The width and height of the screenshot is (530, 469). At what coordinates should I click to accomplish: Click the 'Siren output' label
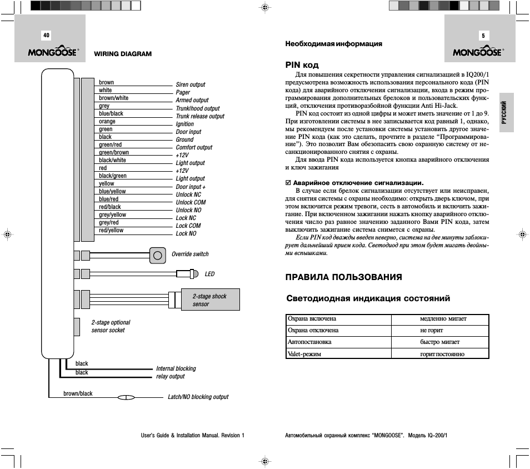tap(191, 85)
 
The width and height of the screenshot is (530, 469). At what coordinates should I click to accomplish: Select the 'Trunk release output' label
tap(200, 117)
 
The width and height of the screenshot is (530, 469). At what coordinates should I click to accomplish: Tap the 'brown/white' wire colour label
tap(113, 98)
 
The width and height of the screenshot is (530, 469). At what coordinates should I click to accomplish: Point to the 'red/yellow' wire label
tap(111, 231)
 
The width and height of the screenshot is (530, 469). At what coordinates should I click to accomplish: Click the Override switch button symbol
tap(158, 255)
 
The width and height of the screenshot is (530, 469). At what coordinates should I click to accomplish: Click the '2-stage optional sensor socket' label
tap(111, 326)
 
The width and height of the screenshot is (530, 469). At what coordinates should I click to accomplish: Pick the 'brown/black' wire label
tap(78, 394)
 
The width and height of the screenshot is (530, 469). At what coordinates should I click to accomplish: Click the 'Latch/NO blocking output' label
tap(198, 397)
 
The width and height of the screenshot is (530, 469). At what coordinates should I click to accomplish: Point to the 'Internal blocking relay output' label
tap(176, 372)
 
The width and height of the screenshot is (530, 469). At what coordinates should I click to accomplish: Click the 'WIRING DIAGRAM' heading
tap(123, 54)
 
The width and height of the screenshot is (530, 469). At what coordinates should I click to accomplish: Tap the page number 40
tap(46, 35)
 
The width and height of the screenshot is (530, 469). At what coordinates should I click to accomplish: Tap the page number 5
tap(483, 36)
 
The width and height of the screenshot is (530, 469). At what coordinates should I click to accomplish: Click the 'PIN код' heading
tap(302, 65)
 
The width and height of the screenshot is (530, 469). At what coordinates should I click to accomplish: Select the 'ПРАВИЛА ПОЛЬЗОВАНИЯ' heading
tap(343, 277)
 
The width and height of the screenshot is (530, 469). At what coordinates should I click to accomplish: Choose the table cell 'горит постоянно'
tap(442, 354)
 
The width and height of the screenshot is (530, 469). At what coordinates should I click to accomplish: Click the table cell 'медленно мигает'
tap(443, 319)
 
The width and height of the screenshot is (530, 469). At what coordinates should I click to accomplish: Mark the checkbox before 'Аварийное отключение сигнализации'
tap(288, 183)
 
